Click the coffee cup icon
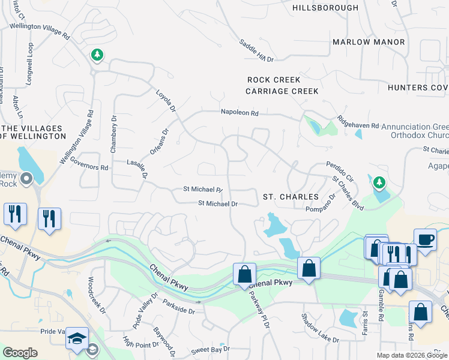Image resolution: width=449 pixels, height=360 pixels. click(x=425, y=239)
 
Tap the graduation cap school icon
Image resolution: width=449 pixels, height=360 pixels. click(x=77, y=338)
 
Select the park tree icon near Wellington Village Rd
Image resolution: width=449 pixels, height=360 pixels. click(x=97, y=55)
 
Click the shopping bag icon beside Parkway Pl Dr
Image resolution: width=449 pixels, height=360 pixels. click(x=244, y=274)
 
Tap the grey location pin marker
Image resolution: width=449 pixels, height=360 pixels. click(x=26, y=178)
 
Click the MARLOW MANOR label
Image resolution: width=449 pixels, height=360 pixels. click(x=368, y=42)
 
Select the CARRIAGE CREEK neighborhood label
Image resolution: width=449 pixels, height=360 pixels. click(x=282, y=91)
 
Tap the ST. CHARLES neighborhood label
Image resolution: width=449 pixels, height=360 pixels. click(x=291, y=197)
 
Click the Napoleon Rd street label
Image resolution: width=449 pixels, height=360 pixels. click(x=239, y=112)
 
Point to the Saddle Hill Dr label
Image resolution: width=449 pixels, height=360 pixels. click(x=256, y=51)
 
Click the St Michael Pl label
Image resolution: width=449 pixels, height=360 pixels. click(x=203, y=189)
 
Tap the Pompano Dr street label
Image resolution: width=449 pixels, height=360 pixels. click(x=320, y=209)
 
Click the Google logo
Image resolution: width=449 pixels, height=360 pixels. click(x=20, y=353)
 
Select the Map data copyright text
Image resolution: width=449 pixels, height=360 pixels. click(x=411, y=355)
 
